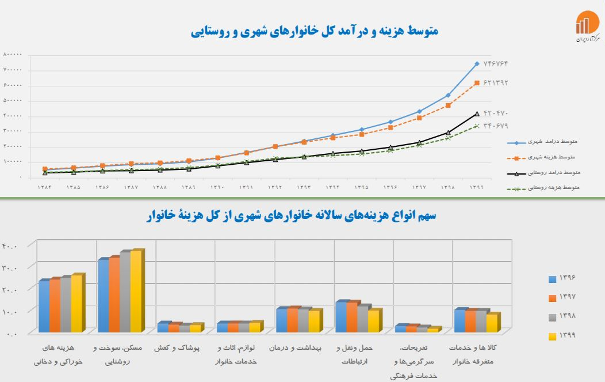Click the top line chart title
315,31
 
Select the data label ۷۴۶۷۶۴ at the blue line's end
496,63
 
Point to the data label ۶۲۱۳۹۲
496,82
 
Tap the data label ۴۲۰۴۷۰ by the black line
496,113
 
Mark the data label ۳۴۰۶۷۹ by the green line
496,126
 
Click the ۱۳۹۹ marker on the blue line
477,63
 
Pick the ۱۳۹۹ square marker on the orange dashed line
477,83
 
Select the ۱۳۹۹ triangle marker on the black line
477,114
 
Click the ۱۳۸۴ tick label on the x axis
45,188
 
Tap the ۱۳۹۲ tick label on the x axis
275,188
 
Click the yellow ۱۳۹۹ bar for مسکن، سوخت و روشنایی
136,291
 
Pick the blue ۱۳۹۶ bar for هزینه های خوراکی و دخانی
44,306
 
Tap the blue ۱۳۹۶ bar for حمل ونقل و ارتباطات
340,317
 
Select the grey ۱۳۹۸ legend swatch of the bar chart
552,317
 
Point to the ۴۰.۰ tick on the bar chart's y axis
10,247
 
